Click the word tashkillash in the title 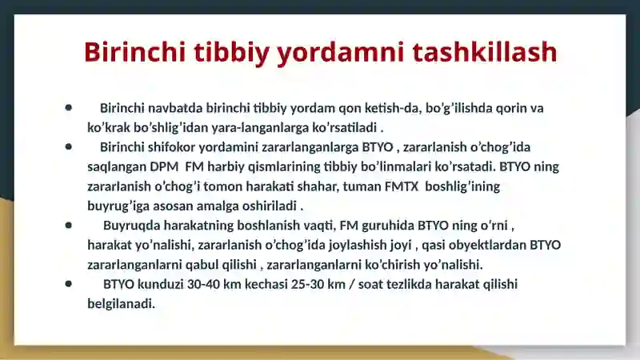click(484, 52)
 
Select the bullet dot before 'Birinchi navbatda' click(70, 107)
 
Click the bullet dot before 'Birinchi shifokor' click(70, 146)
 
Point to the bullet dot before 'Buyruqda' click(70, 225)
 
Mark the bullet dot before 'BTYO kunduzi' click(70, 283)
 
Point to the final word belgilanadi click(120, 304)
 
